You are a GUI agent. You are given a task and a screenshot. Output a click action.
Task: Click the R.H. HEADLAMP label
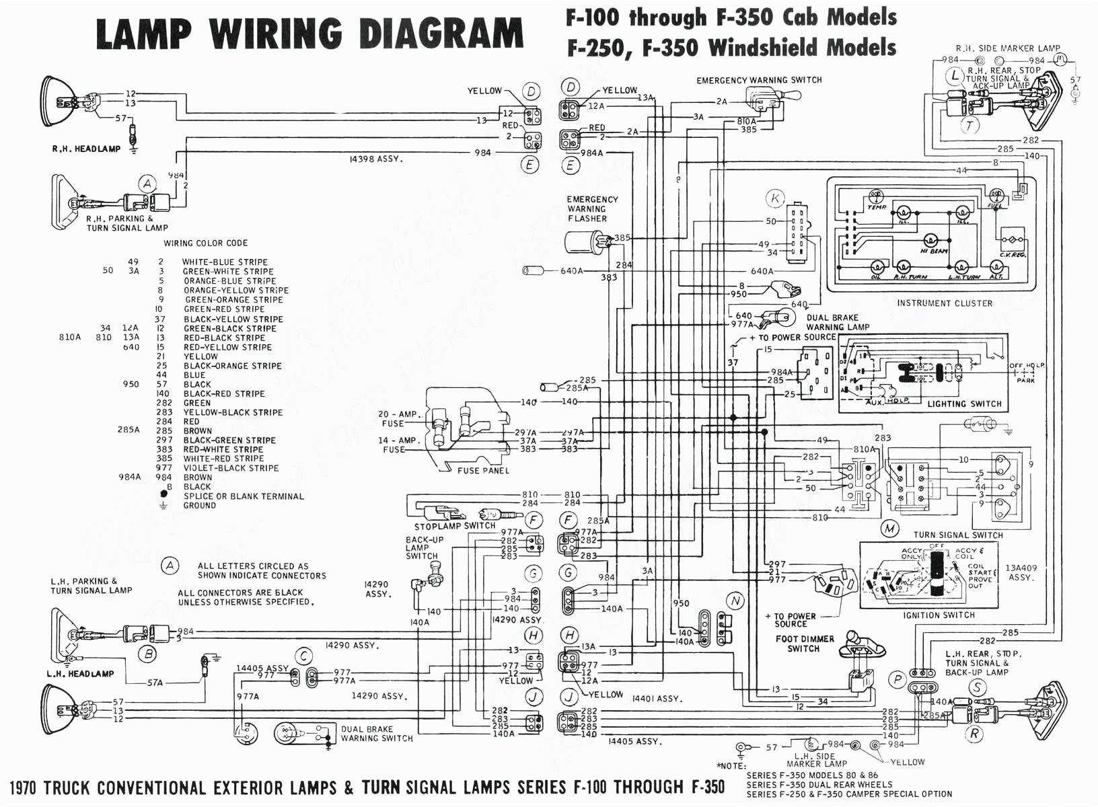[86, 149]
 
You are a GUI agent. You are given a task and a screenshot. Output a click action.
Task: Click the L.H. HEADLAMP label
[80, 673]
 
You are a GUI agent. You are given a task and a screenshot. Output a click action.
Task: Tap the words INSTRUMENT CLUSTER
[944, 303]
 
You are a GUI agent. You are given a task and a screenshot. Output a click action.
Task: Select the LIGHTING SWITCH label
[964, 404]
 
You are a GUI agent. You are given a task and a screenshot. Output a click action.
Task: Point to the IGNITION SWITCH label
[939, 615]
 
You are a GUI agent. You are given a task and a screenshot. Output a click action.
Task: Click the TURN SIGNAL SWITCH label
[957, 535]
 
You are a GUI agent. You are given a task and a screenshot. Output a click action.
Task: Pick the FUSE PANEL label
[483, 471]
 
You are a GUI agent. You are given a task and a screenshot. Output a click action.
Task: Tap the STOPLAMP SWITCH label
[454, 526]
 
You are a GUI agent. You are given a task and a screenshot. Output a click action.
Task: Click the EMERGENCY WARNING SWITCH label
[759, 80]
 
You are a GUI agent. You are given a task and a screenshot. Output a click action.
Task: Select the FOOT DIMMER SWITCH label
[804, 644]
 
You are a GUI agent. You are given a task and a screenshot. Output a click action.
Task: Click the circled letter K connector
[775, 198]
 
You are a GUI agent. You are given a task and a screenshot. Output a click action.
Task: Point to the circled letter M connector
[890, 529]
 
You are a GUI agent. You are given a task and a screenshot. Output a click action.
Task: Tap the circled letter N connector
[735, 601]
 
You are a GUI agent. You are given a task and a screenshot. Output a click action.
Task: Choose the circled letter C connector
[304, 656]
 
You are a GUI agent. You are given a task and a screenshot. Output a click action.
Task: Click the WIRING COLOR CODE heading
[205, 243]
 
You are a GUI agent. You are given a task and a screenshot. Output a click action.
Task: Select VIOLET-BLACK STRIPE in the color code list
[231, 468]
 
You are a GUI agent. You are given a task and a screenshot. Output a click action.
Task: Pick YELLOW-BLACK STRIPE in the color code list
[233, 412]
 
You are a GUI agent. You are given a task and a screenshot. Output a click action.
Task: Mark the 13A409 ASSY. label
[1021, 572]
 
